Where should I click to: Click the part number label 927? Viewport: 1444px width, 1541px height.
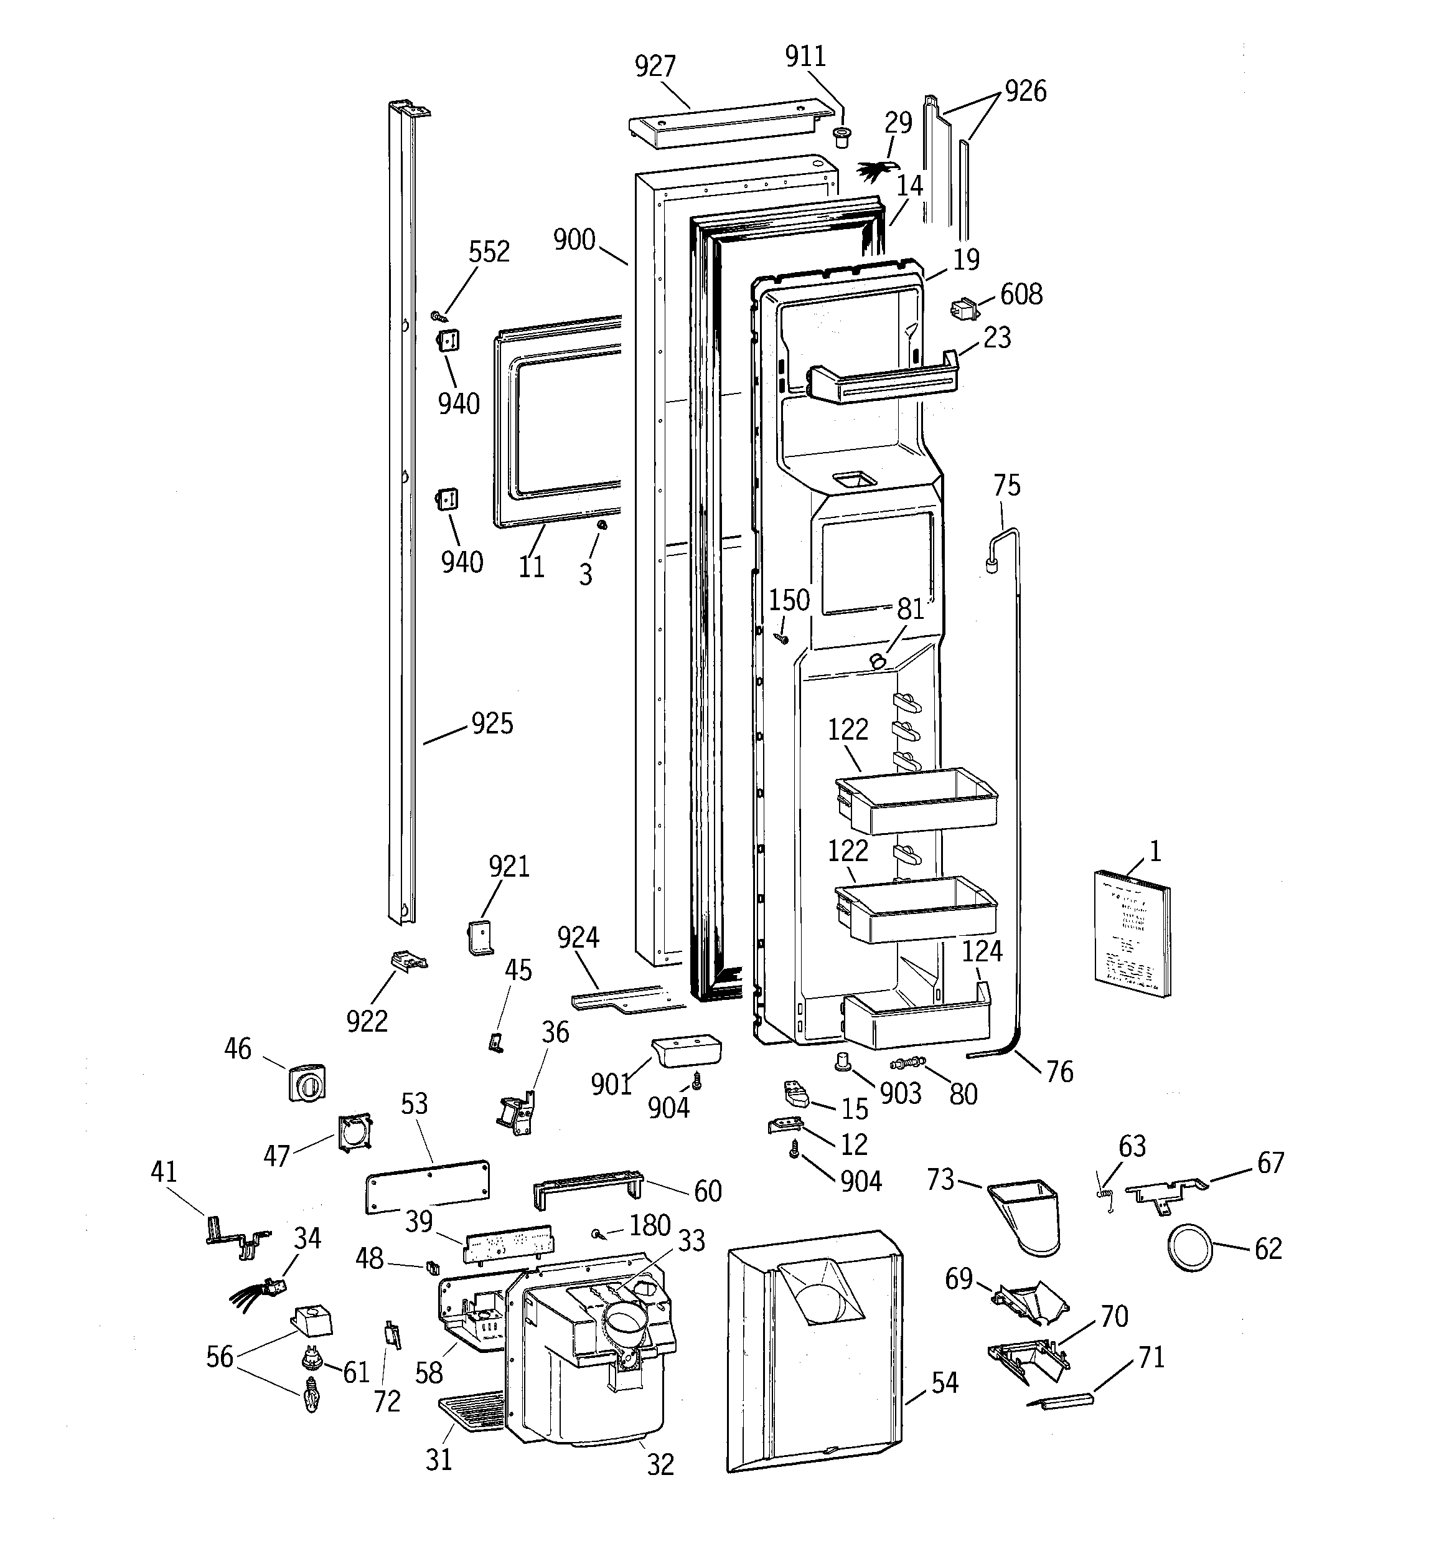click(x=655, y=67)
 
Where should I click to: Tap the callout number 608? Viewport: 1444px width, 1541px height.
click(x=1021, y=295)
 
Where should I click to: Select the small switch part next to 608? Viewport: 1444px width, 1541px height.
click(x=963, y=309)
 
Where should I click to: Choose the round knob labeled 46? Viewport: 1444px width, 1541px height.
click(x=306, y=1083)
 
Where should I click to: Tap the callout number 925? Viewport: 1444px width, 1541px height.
click(x=492, y=724)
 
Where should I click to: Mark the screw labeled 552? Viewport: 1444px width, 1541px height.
click(x=438, y=316)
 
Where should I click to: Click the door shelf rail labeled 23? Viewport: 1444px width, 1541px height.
click(x=884, y=382)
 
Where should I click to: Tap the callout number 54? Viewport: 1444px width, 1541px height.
click(x=944, y=1383)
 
